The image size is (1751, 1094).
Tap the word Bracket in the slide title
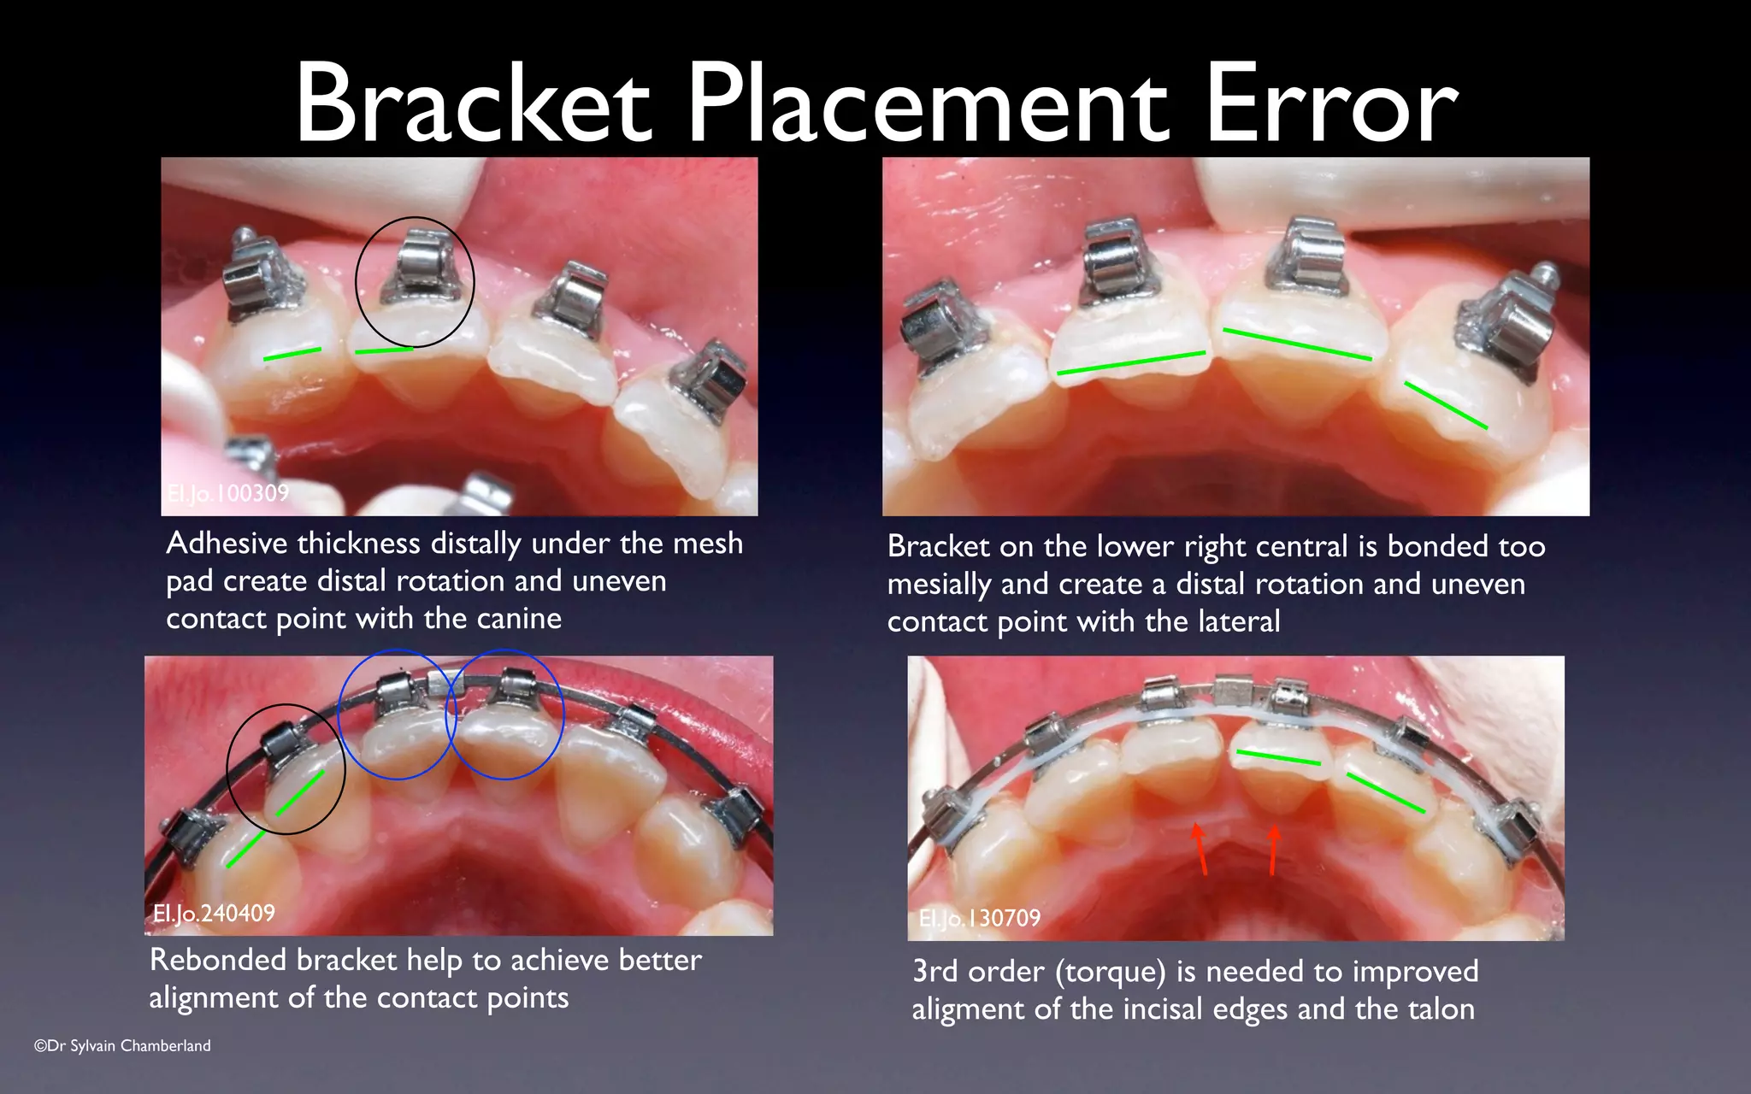(473, 104)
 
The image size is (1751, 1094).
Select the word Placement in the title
(927, 104)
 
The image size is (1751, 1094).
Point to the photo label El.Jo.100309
(227, 493)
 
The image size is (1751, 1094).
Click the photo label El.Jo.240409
(214, 913)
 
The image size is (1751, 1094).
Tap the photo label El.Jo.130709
(980, 918)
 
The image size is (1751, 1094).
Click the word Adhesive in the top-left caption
(227, 544)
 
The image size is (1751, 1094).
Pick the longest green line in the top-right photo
(1130, 362)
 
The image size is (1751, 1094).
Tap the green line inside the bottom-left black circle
(300, 793)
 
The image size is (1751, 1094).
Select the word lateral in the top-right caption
(1240, 621)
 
